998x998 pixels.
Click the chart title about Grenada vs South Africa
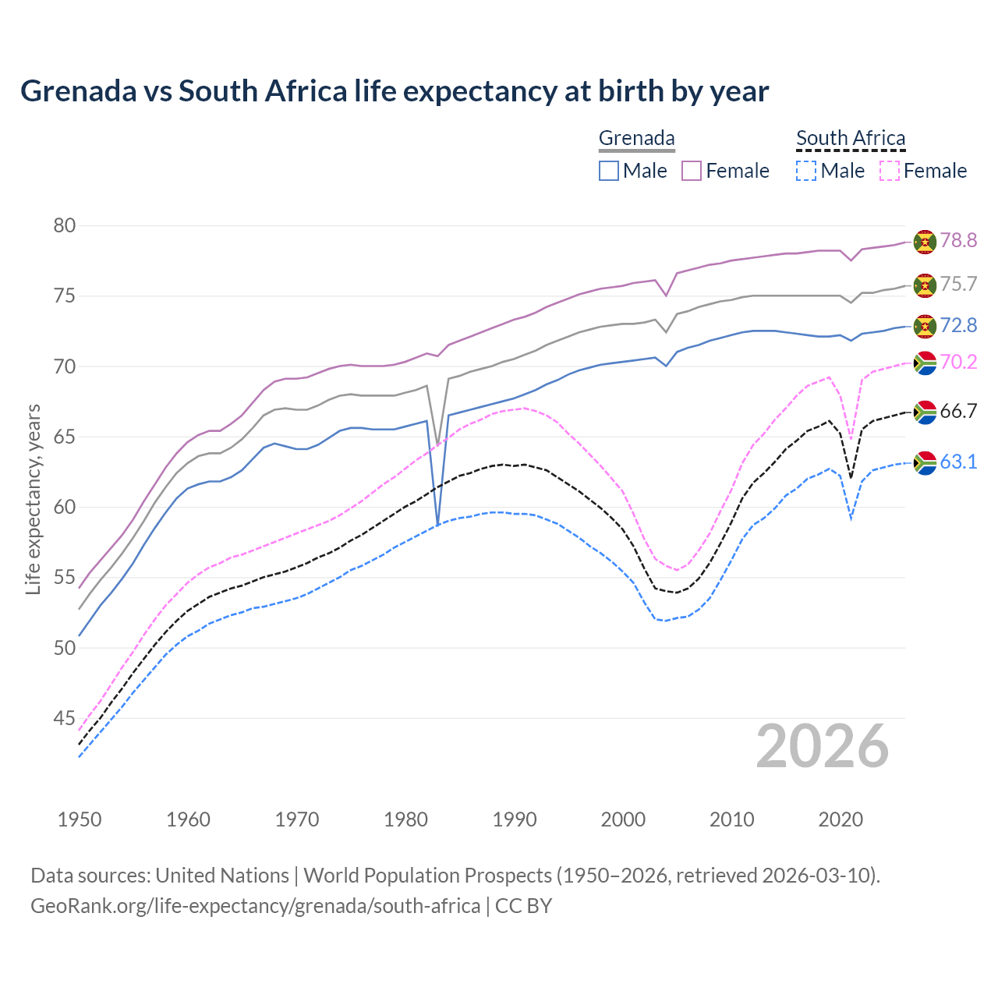pyautogui.click(x=395, y=91)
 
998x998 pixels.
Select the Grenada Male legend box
pyautogui.click(x=609, y=171)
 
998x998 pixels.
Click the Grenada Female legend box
pyautogui.click(x=692, y=171)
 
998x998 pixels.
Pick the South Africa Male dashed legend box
pyautogui.click(x=806, y=171)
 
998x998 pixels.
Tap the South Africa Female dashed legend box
pyautogui.click(x=889, y=171)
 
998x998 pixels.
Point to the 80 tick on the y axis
pyautogui.click(x=64, y=226)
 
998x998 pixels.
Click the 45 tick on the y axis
pyautogui.click(x=64, y=718)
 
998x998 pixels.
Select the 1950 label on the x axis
pyautogui.click(x=80, y=819)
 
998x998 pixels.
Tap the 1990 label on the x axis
pyautogui.click(x=515, y=819)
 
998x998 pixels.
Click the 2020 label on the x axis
pyautogui.click(x=841, y=819)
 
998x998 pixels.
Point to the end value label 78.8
pyautogui.click(x=958, y=241)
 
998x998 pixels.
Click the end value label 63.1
pyautogui.click(x=958, y=462)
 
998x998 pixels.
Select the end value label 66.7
pyautogui.click(x=958, y=412)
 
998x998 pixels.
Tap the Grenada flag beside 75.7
pyautogui.click(x=925, y=285)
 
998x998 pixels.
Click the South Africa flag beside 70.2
pyautogui.click(x=925, y=363)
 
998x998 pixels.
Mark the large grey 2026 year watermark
pyautogui.click(x=823, y=746)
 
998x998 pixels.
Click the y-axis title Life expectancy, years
pyautogui.click(x=33, y=499)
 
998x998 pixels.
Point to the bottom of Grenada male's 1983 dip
pyautogui.click(x=438, y=523)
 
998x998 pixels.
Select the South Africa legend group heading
pyautogui.click(x=851, y=139)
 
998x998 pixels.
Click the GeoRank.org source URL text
pyautogui.click(x=255, y=906)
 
